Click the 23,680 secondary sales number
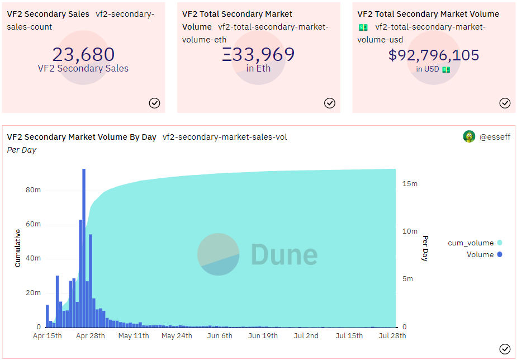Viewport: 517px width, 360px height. coord(83,54)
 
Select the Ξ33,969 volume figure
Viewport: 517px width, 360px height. coord(258,54)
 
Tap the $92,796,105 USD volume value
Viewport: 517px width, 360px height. coord(434,55)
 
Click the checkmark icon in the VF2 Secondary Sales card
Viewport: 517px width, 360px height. coord(155,103)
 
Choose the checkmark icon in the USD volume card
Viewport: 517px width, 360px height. coord(505,103)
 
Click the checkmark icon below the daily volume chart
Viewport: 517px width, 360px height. coord(505,349)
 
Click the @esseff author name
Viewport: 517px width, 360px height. coord(494,137)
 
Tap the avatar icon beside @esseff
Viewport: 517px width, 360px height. coord(469,136)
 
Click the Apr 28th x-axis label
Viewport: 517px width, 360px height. coord(90,336)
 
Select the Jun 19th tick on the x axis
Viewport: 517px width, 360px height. coord(263,336)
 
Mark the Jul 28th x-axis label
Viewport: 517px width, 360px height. coord(392,336)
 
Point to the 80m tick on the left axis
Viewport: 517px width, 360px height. coord(34,190)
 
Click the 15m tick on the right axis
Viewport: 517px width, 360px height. coord(410,184)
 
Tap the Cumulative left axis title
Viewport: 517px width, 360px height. coord(17,248)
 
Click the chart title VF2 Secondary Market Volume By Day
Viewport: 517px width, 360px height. coord(82,137)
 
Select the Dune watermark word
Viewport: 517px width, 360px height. coord(284,254)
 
